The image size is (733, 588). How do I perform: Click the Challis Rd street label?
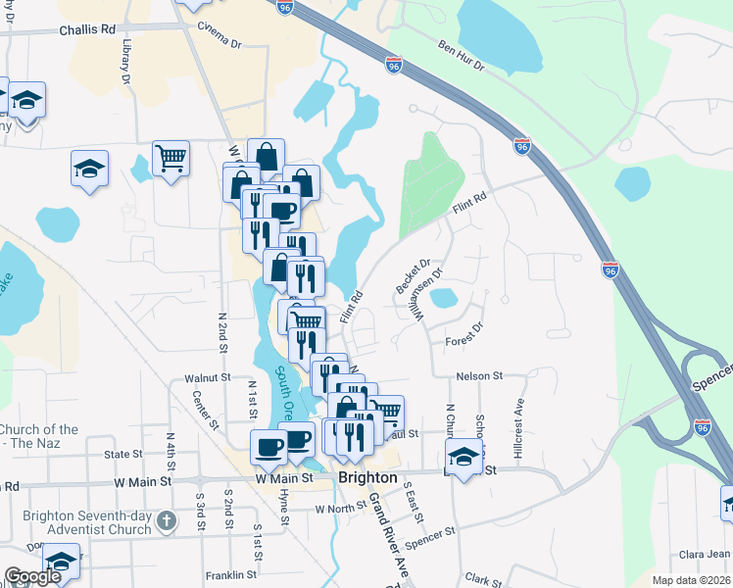[x=87, y=30]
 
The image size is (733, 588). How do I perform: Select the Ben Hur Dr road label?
[x=461, y=53]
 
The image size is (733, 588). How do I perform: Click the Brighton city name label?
[x=367, y=478]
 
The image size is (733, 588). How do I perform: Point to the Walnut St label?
[x=207, y=376]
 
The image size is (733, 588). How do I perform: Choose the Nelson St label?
[x=478, y=375]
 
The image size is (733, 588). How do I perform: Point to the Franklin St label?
[x=231, y=575]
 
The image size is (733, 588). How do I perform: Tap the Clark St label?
[x=483, y=579]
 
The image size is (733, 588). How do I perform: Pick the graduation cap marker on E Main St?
[x=464, y=456]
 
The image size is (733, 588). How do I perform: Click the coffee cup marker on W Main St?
[x=269, y=447]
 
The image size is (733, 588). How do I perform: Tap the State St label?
[x=123, y=455]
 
